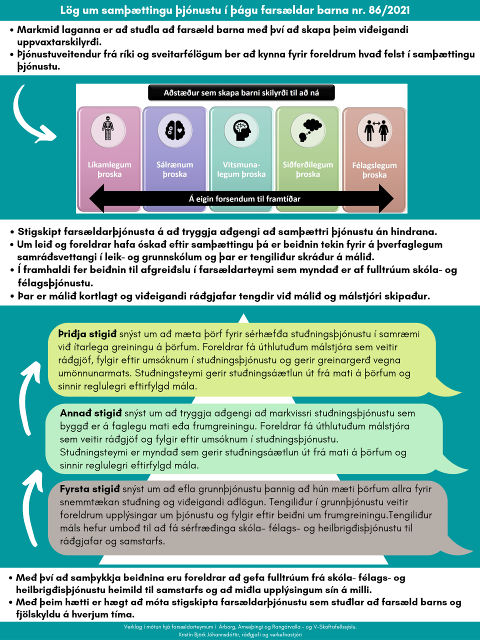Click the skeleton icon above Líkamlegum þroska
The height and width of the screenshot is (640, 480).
[108, 128]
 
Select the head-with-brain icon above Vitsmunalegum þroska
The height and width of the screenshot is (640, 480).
[241, 129]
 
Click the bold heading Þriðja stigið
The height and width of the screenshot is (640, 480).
[87, 334]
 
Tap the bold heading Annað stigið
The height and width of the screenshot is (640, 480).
[91, 413]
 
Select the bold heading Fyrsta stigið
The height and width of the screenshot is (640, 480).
[90, 489]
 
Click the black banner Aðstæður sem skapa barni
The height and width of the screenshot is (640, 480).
[241, 92]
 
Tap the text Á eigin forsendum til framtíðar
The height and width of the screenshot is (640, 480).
[244, 199]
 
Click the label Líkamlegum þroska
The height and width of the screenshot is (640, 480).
[109, 169]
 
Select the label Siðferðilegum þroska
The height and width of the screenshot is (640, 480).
[308, 169]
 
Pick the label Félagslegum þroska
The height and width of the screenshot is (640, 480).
[374, 170]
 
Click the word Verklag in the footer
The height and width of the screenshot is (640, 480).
[133, 627]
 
